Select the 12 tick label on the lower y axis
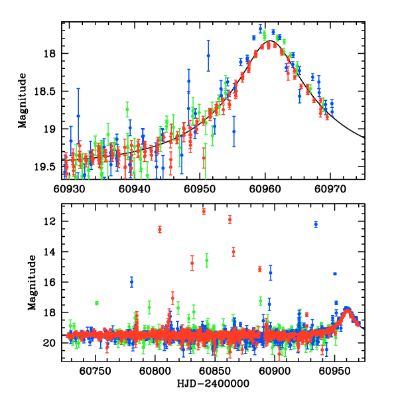pyautogui.click(x=51, y=222)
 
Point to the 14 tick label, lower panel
pyautogui.click(x=51, y=252)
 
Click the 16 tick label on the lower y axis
pyautogui.click(x=51, y=283)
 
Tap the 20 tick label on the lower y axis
pyautogui.click(x=51, y=343)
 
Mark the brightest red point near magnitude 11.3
pyautogui.click(x=204, y=211)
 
